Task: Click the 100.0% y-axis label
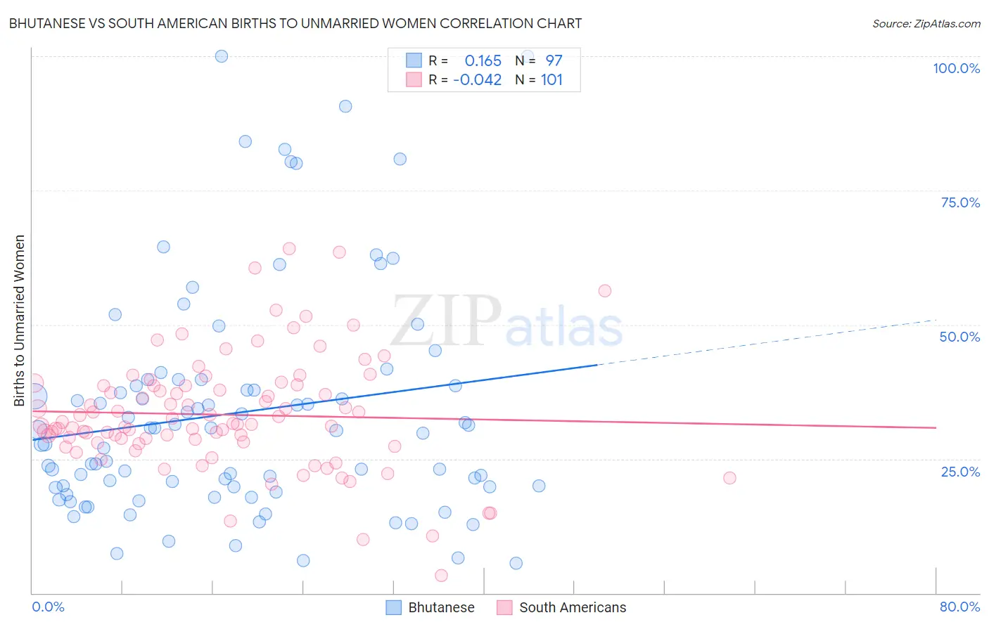[956, 68]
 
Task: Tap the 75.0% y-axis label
[960, 202]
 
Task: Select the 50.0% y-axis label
[959, 337]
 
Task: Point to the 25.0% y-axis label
[960, 472]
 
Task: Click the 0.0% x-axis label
[48, 607]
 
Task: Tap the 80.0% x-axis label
[959, 607]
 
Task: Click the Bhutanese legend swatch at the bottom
[394, 607]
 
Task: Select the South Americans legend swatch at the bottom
[504, 607]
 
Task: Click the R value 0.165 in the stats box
[483, 60]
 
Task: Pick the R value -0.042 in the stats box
[477, 79]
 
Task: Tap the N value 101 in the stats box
[551, 79]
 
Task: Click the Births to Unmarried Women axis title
[19, 321]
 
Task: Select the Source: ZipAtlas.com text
[926, 23]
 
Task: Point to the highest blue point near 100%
[222, 56]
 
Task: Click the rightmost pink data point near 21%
[729, 478]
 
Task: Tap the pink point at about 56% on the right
[604, 291]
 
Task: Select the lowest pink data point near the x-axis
[441, 576]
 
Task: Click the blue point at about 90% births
[345, 106]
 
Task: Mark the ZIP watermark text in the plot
[446, 321]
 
